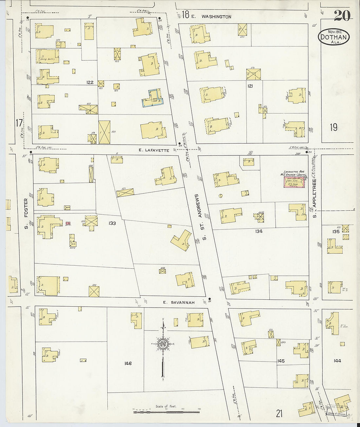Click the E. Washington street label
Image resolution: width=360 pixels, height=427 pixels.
tap(216, 16)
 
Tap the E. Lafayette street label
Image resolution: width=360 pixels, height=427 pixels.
tap(153, 151)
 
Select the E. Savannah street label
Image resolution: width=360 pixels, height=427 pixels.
tap(179, 303)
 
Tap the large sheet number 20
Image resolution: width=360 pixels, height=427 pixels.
tap(342, 15)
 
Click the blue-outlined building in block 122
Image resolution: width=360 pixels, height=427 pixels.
tap(152, 98)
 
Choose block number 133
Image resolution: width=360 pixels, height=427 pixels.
tap(112, 223)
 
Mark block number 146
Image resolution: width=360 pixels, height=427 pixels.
tap(128, 363)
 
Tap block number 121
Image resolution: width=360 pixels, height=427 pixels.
tap(250, 86)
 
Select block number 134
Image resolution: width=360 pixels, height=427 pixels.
tap(259, 231)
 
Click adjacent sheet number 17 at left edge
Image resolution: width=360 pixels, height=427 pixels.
tap(19, 123)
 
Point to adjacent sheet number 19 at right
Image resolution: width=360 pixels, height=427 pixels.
tap(333, 127)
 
